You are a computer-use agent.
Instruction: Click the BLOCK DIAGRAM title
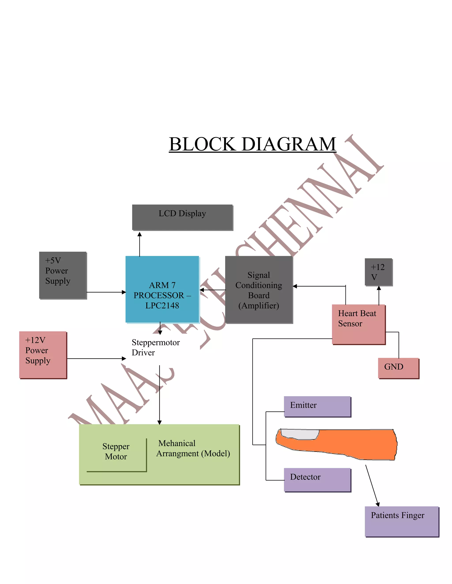(x=252, y=144)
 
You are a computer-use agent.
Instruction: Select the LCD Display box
(x=182, y=217)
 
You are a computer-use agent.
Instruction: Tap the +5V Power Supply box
(x=63, y=275)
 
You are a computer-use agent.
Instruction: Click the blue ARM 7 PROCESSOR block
(x=162, y=290)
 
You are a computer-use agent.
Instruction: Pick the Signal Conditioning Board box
(x=259, y=290)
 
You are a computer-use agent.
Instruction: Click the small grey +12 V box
(x=378, y=272)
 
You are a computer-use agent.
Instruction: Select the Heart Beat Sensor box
(x=358, y=324)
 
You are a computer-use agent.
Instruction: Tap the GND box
(x=398, y=368)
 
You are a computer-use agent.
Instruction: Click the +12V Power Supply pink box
(x=43, y=355)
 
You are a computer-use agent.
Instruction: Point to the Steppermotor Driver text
(x=155, y=347)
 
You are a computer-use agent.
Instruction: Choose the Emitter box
(x=317, y=406)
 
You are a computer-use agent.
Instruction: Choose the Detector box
(x=317, y=480)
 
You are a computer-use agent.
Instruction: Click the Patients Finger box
(x=401, y=521)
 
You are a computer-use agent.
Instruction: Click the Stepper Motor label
(x=116, y=451)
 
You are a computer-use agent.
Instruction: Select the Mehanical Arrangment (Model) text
(x=193, y=448)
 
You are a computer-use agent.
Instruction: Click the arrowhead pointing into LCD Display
(x=139, y=234)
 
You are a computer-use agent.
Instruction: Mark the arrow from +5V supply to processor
(x=106, y=292)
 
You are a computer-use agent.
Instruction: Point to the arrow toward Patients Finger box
(x=372, y=485)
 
